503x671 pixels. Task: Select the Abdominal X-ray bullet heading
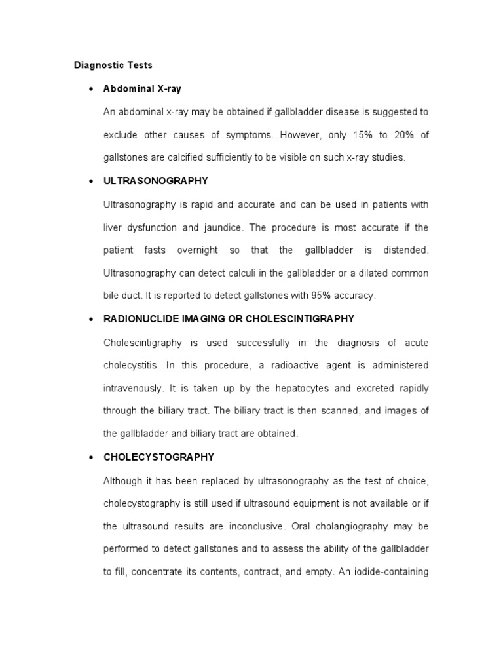142,88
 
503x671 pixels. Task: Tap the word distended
405,250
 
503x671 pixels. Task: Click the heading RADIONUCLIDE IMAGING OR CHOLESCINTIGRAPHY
229,319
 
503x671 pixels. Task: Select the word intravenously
134,388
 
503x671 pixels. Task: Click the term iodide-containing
392,571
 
